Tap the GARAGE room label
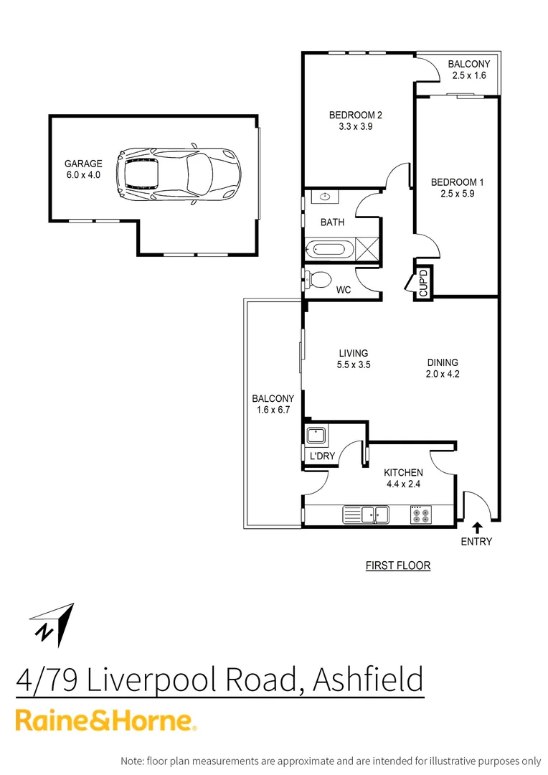[83, 164]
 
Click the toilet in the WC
[318, 278]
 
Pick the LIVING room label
[354, 353]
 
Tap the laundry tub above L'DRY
[316, 435]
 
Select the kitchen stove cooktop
[420, 515]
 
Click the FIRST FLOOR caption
[397, 565]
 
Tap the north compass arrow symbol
[55, 622]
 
